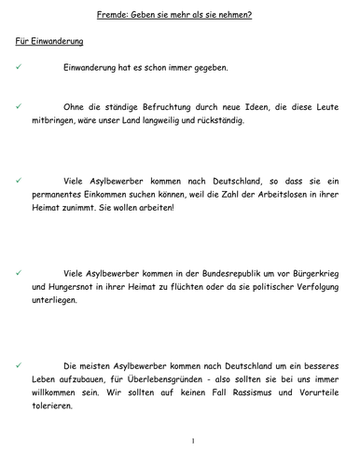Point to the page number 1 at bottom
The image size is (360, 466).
click(x=191, y=440)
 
